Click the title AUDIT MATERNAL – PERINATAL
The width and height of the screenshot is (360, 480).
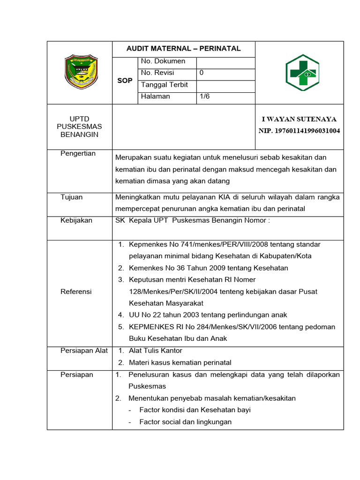183,48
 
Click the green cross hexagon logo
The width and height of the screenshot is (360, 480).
302,72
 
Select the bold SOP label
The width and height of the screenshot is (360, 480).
125,81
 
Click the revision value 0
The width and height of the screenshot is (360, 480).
202,73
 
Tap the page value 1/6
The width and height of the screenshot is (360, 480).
205,96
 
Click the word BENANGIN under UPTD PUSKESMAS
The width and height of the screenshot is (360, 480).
79,134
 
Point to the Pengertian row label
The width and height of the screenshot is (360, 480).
78,153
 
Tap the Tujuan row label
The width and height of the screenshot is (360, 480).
72,197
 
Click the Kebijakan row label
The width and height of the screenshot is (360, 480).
76,220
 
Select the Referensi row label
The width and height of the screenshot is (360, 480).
76,292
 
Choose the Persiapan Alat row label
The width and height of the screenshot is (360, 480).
84,351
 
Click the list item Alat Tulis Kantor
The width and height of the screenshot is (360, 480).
155,351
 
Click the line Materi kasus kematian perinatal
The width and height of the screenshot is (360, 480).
180,362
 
